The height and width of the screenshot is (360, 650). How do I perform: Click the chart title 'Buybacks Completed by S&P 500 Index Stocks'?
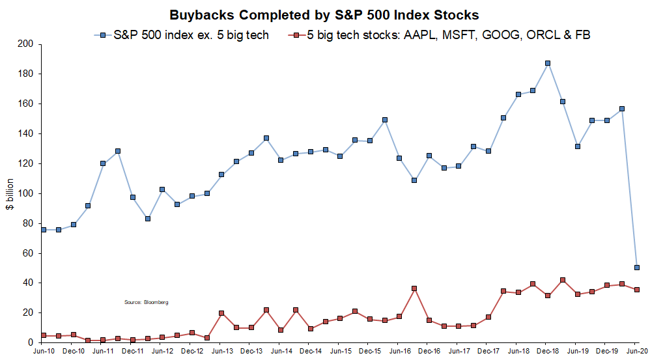coord(324,15)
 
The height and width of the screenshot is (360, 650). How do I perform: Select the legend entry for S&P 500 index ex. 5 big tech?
coord(182,35)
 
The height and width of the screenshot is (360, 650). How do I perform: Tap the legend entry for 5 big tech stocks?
coord(439,35)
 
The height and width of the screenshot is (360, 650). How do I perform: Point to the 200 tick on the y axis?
coord(25,44)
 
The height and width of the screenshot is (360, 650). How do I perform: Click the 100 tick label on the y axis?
coord(25,193)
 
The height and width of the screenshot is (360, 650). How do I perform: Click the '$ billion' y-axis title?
coord(10,194)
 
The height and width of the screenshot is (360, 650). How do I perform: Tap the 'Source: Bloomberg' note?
coord(147,303)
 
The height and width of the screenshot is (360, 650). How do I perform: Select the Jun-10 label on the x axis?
coord(43,352)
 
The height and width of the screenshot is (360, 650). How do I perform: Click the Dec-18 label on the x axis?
coord(548,352)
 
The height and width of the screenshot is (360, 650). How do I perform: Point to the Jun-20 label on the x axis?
coord(637,352)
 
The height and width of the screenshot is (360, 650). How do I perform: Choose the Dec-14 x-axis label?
coord(311,352)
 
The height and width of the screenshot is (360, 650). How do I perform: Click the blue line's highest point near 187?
coord(548,63)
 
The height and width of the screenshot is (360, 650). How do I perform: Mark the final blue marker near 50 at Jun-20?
coord(637,268)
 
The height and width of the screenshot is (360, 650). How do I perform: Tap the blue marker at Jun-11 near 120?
coord(103,163)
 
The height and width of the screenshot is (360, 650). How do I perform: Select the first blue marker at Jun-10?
coord(44,230)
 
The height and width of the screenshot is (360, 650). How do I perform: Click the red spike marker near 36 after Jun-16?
coord(414,288)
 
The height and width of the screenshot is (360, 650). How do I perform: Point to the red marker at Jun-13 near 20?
coord(221,313)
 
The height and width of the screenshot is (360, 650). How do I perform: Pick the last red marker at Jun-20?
coord(637,290)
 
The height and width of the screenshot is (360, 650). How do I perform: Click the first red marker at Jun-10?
coord(44,335)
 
